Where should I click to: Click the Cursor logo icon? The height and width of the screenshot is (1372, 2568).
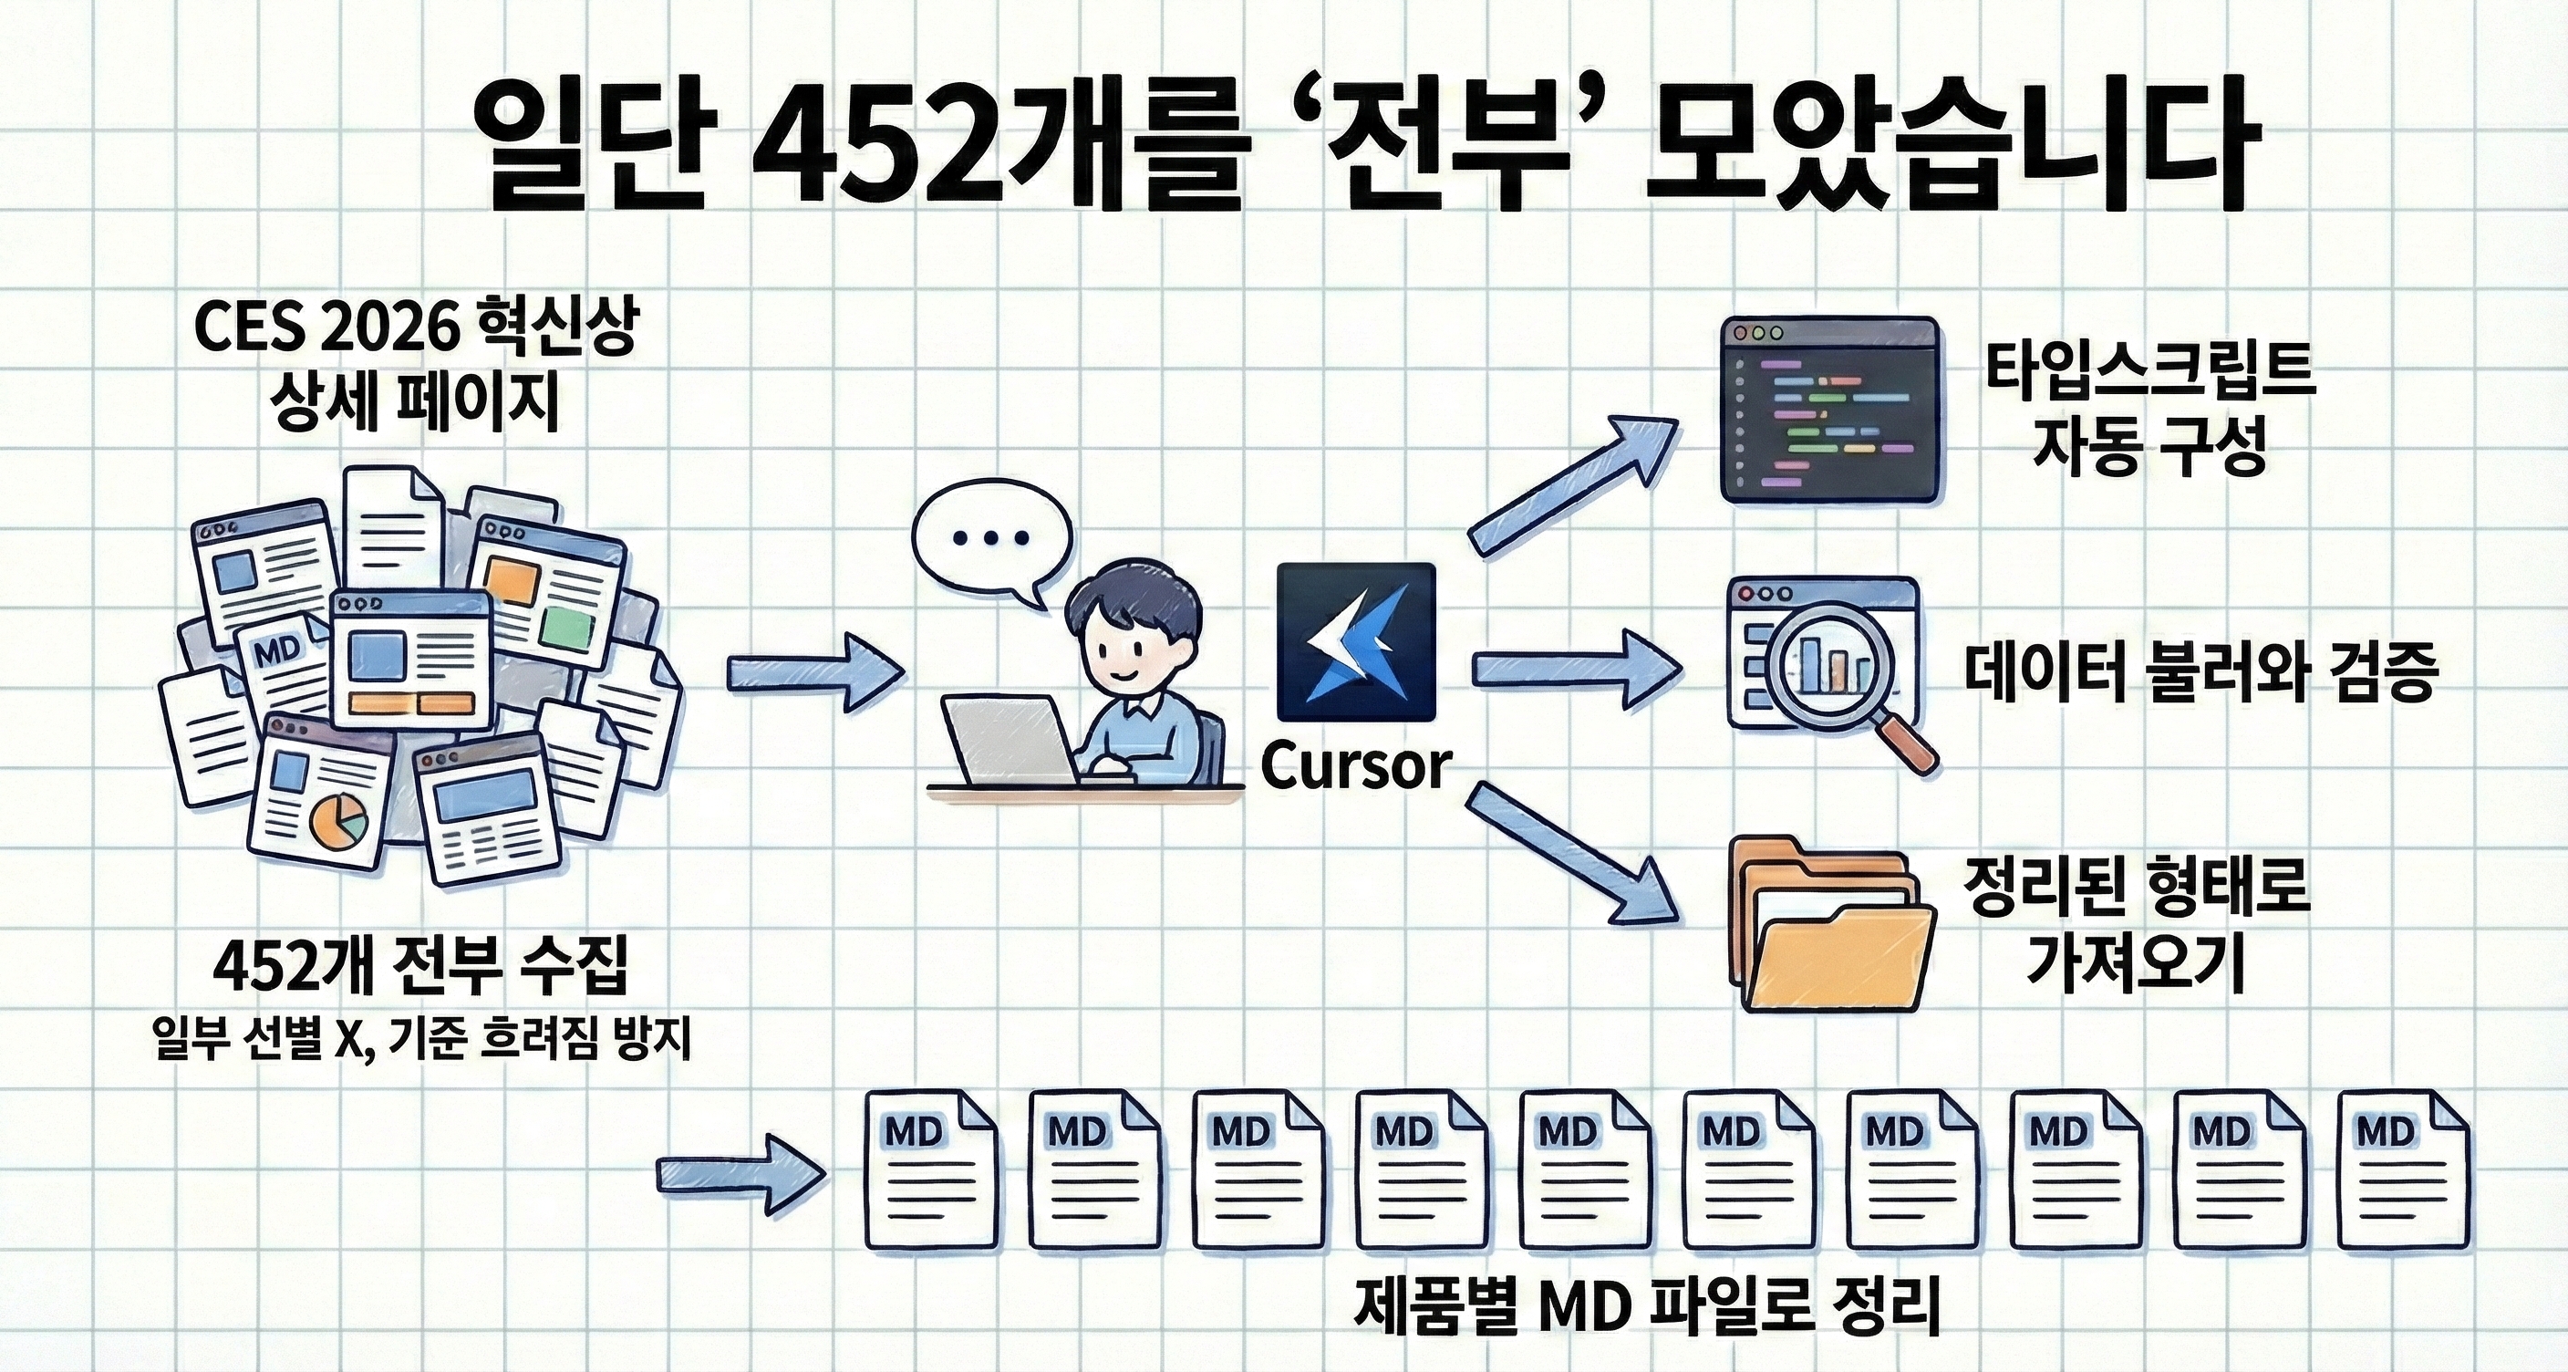point(1356,641)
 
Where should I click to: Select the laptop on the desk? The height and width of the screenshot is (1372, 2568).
point(1010,740)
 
